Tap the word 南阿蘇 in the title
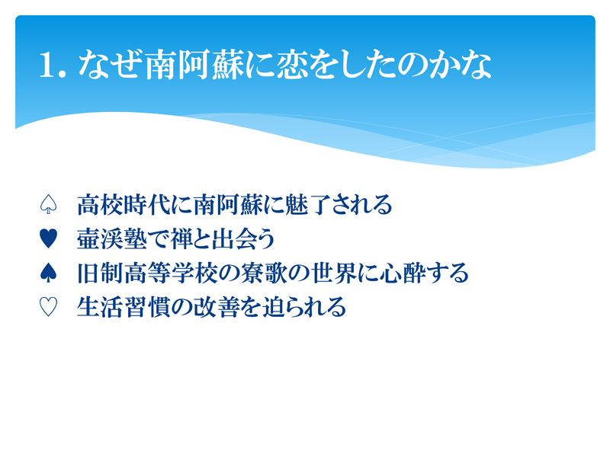pos(194,65)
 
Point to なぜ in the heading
pos(110,65)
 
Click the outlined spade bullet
pos(48,204)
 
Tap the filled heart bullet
pos(48,238)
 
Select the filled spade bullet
pos(48,273)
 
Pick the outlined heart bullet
pos(48,307)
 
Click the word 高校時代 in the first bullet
pos(124,204)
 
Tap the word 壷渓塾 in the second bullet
pos(112,238)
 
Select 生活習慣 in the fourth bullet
pos(124,307)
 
